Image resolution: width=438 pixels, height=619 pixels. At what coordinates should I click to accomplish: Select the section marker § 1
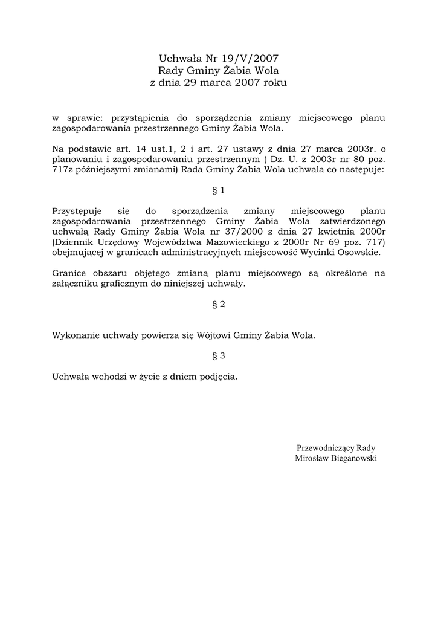click(x=219, y=190)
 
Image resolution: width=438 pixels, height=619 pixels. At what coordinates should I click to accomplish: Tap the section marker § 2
click(x=219, y=304)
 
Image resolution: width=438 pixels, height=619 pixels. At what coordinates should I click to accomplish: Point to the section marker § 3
click(x=219, y=356)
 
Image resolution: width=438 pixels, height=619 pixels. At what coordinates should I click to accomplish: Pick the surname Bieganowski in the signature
click(x=352, y=459)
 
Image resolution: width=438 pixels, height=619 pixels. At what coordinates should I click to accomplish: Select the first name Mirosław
click(x=310, y=459)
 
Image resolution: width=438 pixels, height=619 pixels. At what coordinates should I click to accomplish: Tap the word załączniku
click(x=76, y=284)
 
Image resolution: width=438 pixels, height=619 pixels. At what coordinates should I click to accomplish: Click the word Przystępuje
click(x=77, y=211)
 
